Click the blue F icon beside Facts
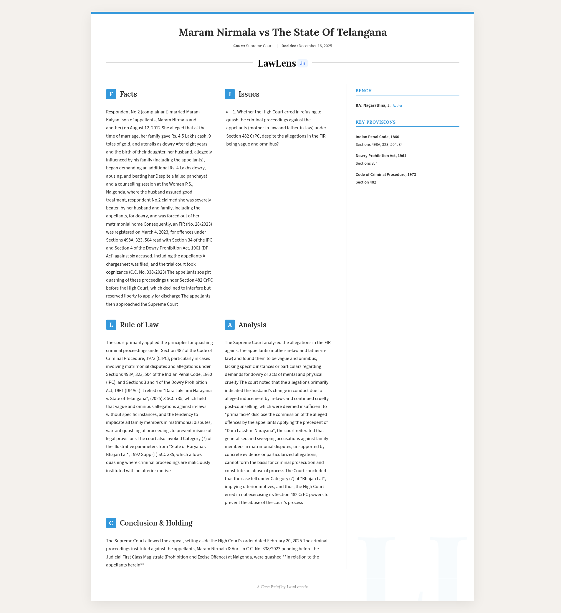111,94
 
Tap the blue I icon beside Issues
230,94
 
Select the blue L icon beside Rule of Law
111,325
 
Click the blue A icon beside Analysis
230,325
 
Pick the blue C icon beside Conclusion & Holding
111,523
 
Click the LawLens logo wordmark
277,63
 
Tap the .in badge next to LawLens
302,64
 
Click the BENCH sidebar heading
364,91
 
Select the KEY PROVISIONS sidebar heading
375,122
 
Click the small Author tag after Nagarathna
398,106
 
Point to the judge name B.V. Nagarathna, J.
373,105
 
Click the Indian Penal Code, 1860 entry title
377,137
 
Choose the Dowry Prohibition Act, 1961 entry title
381,156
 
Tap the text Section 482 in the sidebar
366,182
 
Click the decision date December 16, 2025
315,46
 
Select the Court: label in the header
239,46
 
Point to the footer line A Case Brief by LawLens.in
282,587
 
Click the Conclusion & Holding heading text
156,523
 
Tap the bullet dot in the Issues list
227,112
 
